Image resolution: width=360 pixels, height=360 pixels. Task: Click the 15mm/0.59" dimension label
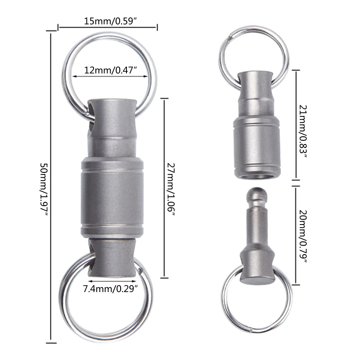click(110, 21)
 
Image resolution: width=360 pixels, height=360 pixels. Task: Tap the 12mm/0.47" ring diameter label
click(110, 70)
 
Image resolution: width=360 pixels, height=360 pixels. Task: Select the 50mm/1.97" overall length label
click(44, 189)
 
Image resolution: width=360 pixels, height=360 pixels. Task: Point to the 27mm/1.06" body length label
click(171, 189)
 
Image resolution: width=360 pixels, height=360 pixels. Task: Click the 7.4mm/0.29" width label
click(110, 289)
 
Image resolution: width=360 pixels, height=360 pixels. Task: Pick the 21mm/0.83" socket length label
click(303, 131)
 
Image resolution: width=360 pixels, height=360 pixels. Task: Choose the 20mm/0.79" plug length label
click(303, 236)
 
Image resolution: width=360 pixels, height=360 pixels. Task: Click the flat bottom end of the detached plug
click(257, 280)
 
